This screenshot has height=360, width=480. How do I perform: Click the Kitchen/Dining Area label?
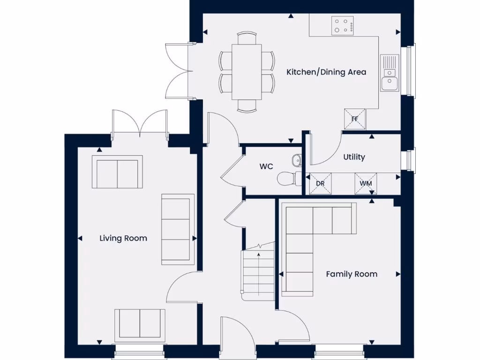pyautogui.click(x=326, y=72)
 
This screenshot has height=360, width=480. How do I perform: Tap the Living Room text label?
pyautogui.click(x=123, y=238)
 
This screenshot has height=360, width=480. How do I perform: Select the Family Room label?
pyautogui.click(x=352, y=274)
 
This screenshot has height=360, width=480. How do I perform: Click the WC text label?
pyautogui.click(x=266, y=166)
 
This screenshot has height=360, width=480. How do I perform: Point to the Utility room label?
pyautogui.click(x=354, y=157)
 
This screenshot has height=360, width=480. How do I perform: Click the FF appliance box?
pyautogui.click(x=354, y=119)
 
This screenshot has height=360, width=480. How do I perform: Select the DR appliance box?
pyautogui.click(x=320, y=183)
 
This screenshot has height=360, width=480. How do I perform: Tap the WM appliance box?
pyautogui.click(x=366, y=183)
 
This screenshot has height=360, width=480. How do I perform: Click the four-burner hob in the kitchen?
pyautogui.click(x=343, y=25)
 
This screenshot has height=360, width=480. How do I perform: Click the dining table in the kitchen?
pyautogui.click(x=247, y=71)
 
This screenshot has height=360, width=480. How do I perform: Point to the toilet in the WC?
pyautogui.click(x=288, y=178)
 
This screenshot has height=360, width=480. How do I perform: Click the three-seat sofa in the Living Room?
pyautogui.click(x=178, y=229)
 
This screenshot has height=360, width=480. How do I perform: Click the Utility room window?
pyautogui.click(x=411, y=160)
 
